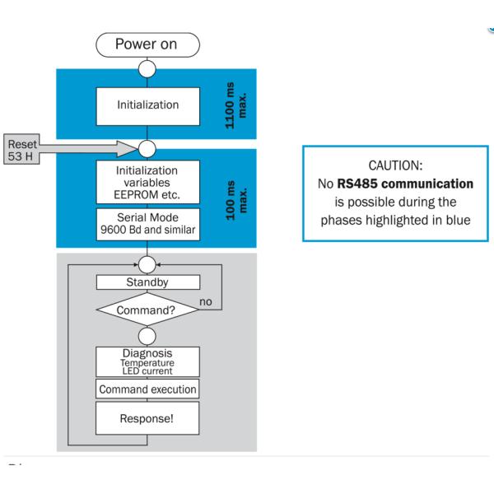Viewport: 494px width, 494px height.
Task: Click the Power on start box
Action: [x=147, y=44]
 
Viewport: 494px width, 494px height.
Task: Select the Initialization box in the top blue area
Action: [x=147, y=105]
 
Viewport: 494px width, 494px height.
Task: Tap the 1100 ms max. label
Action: [x=236, y=105]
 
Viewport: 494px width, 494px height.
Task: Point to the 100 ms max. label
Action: [x=236, y=198]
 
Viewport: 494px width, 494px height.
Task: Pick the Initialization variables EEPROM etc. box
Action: [x=147, y=181]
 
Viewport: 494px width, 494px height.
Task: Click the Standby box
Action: [x=147, y=282]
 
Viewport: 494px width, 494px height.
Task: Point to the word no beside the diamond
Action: [x=206, y=302]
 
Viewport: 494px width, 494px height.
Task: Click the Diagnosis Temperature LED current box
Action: [x=147, y=361]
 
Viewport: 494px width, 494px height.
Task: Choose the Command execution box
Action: [x=147, y=389]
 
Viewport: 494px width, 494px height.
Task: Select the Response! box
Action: [x=147, y=418]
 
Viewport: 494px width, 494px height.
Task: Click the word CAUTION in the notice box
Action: [x=398, y=165]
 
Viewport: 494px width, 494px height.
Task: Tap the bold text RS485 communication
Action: [x=405, y=184]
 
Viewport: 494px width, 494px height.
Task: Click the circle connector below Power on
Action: [x=147, y=68]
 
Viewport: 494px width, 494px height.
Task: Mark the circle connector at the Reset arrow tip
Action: [x=147, y=148]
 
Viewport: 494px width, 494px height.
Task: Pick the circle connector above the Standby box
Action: [x=147, y=263]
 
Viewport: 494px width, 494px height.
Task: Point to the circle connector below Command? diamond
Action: [x=147, y=336]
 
